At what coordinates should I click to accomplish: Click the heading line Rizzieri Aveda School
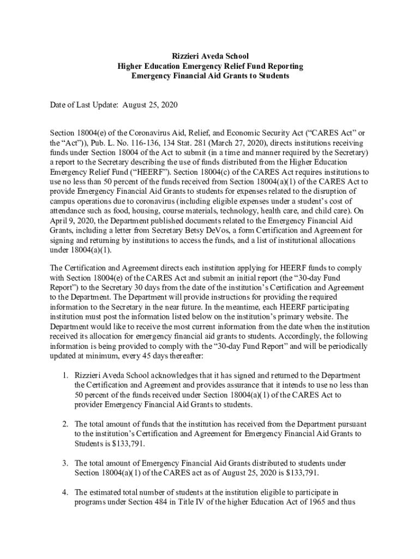pyautogui.click(x=210, y=56)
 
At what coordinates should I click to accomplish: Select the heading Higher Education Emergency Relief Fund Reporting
pyautogui.click(x=210, y=66)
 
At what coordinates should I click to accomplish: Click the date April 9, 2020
pyautogui.click(x=73, y=221)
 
